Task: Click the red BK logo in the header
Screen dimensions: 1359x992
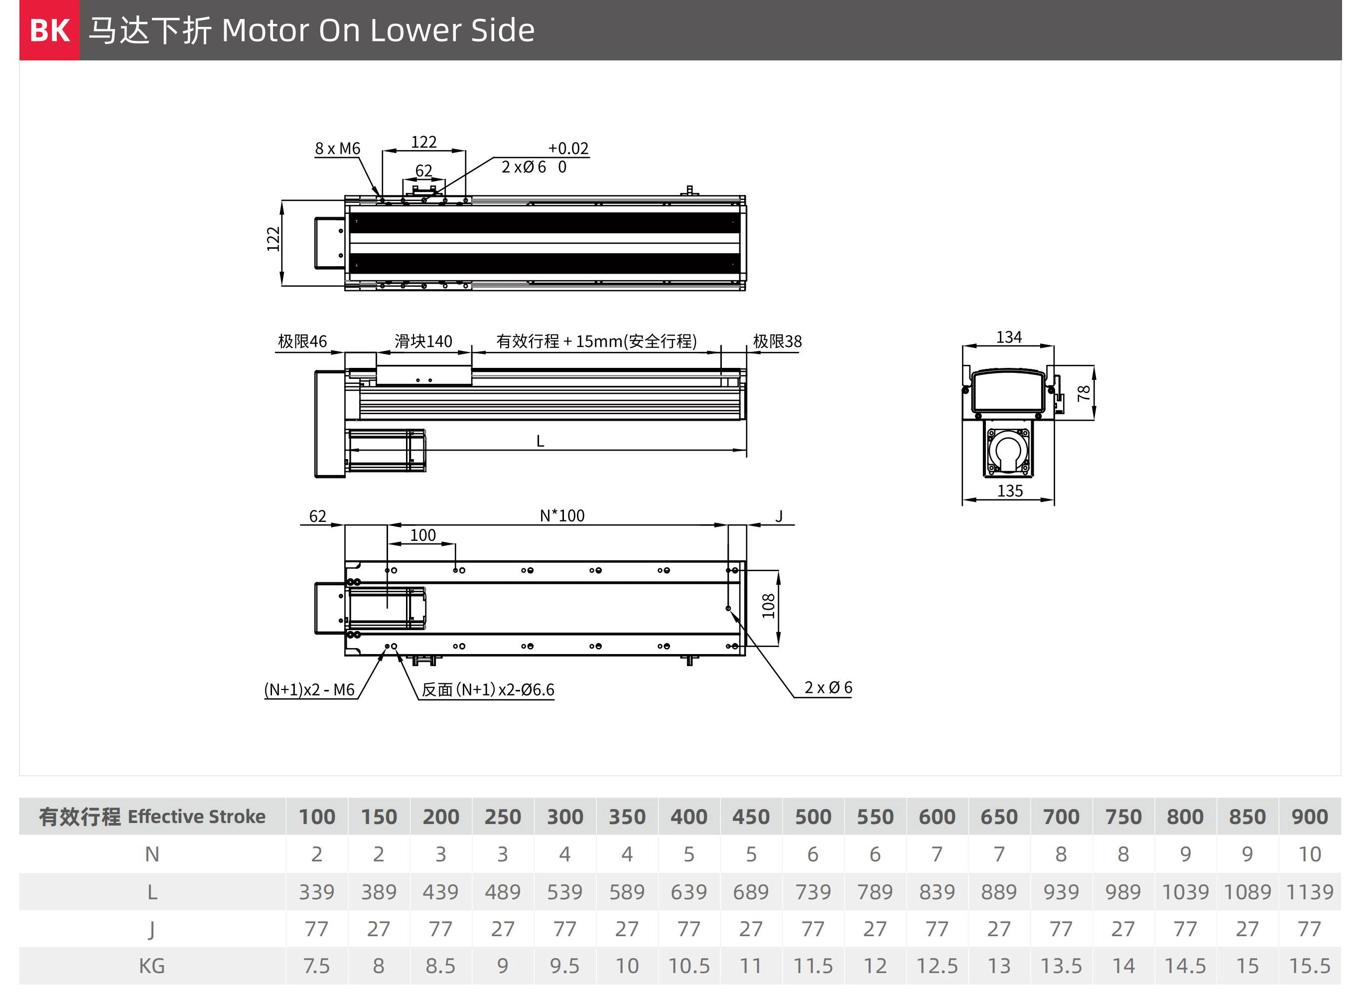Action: point(50,30)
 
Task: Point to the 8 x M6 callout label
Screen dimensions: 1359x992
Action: point(337,149)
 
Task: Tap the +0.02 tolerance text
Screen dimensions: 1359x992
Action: point(568,149)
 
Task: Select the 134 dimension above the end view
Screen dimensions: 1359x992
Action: point(1009,337)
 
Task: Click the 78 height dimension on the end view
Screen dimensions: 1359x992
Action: point(1084,393)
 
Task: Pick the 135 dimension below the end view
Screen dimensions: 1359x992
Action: point(1010,491)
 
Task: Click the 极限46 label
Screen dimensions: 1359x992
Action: point(302,341)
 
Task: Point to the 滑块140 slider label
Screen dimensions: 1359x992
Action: point(423,341)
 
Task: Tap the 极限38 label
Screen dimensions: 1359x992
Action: point(777,341)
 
